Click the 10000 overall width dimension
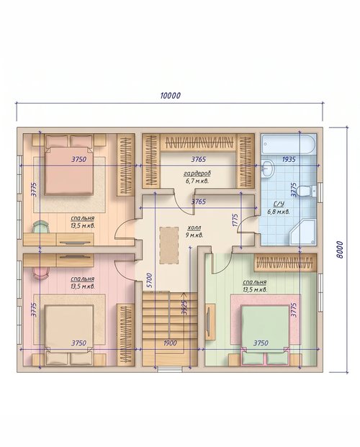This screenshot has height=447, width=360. click(x=171, y=96)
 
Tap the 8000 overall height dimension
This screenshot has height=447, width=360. click(x=339, y=250)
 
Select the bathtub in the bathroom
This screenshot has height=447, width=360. click(x=289, y=144)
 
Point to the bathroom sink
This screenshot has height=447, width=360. click(x=268, y=168)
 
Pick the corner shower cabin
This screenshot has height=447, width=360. click(x=302, y=232)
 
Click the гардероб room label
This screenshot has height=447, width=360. click(x=197, y=173)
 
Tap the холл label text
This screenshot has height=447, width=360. click(x=194, y=227)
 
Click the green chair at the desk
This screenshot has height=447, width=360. click(x=40, y=227)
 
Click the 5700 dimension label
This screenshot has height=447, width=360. click(x=150, y=281)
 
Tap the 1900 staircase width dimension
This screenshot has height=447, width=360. click(x=170, y=343)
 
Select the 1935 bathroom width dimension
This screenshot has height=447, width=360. click(x=289, y=159)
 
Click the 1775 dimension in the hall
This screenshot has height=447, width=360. click(x=235, y=220)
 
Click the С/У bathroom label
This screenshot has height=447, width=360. click(x=279, y=204)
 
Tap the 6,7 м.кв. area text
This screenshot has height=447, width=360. click(x=197, y=181)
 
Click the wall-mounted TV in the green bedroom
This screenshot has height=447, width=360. click(x=210, y=322)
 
